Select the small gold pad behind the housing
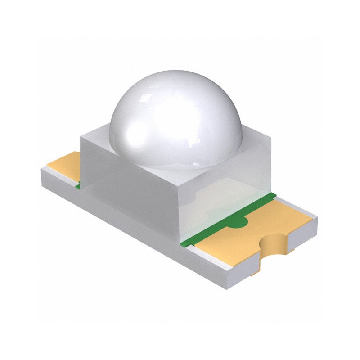point(65,164)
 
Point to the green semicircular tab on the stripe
point(241,220)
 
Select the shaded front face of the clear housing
point(130,189)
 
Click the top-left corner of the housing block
point(81,138)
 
